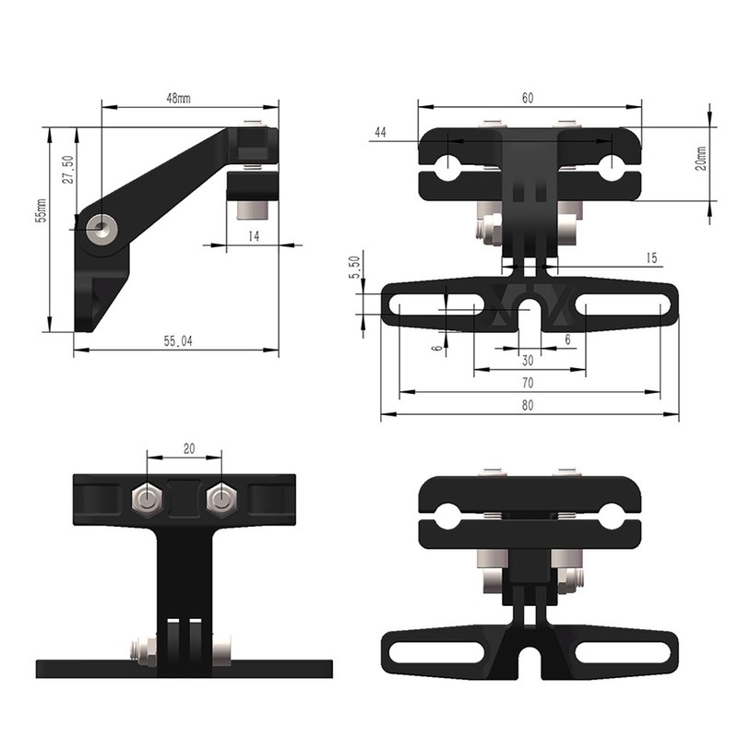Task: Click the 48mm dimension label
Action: [178, 98]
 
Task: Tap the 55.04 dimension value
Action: [178, 341]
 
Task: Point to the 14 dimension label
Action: [253, 237]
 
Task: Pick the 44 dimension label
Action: [379, 133]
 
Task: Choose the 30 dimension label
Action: [528, 361]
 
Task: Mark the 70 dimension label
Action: [528, 382]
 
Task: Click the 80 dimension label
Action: [528, 405]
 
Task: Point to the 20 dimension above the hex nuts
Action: [188, 448]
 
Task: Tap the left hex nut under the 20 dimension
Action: [146, 499]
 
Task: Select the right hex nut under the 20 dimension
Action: [220, 499]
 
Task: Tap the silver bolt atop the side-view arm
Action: [250, 124]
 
